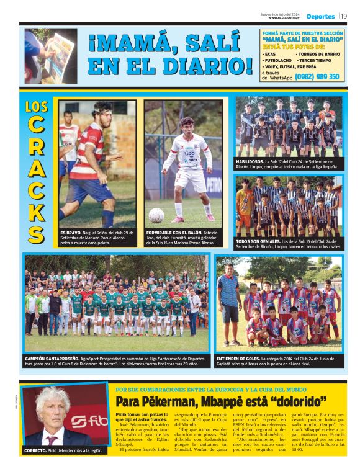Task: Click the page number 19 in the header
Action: click(x=344, y=16)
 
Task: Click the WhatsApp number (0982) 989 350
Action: click(x=317, y=77)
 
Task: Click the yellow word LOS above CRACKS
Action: click(x=37, y=106)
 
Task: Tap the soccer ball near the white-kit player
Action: click(x=156, y=215)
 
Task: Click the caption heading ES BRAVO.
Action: click(x=71, y=232)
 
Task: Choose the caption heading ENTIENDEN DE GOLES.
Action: click(x=238, y=359)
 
